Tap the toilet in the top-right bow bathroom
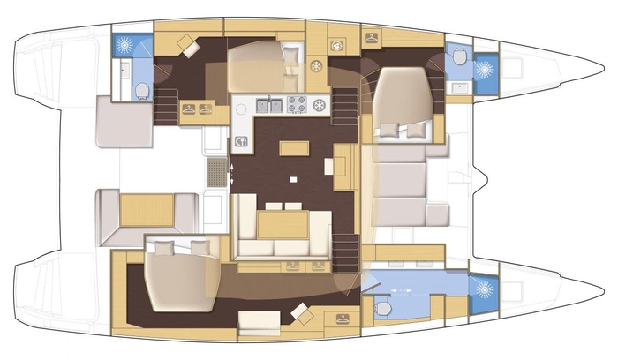pos(458,57)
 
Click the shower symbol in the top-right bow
pos(484,69)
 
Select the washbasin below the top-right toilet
pos(458,87)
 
